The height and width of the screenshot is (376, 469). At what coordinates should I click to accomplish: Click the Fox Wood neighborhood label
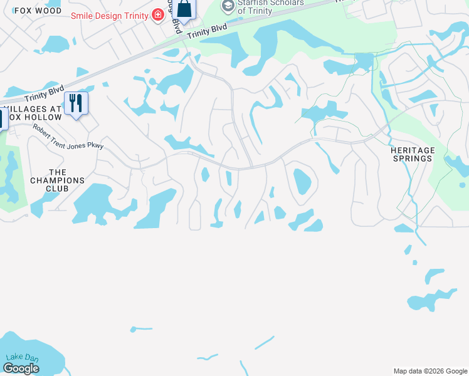pyautogui.click(x=38, y=11)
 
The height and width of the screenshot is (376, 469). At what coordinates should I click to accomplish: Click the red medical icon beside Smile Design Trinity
pyautogui.click(x=157, y=15)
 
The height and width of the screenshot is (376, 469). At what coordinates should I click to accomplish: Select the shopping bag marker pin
pyautogui.click(x=184, y=9)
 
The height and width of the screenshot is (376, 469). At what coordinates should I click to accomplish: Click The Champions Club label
pyautogui.click(x=57, y=180)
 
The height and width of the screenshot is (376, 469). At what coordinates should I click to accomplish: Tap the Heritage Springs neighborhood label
pyautogui.click(x=411, y=154)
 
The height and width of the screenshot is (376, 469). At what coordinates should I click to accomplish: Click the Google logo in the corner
pyautogui.click(x=21, y=368)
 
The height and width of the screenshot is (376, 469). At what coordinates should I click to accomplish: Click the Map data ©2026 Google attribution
pyautogui.click(x=430, y=371)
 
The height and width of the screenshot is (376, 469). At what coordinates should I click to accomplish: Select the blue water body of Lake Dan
pyautogui.click(x=38, y=354)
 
